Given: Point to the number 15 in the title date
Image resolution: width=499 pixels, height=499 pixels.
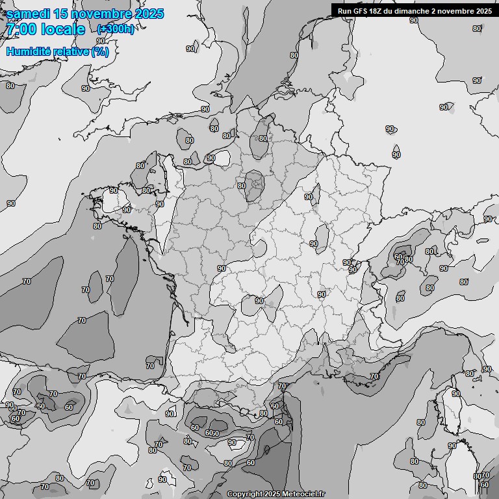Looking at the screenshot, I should pyautogui.click(x=62, y=14).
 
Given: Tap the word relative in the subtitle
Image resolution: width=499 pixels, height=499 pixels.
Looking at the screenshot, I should pyautogui.click(x=71, y=52).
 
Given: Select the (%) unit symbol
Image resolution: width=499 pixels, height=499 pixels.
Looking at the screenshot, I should pyautogui.click(x=100, y=52).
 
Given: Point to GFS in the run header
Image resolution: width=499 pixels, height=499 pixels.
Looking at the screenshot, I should pyautogui.click(x=361, y=10).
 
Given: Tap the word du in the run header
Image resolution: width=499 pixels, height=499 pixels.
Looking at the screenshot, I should pyautogui.click(x=394, y=10).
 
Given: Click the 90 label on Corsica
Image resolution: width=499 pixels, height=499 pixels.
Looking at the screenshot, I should pyautogui.click(x=456, y=394).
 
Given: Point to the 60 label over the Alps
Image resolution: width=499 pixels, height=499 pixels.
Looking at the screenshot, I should pyautogui.click(x=398, y=257).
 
